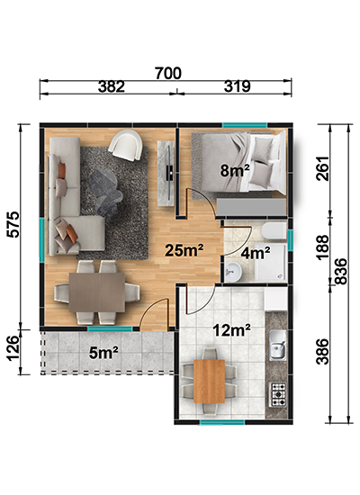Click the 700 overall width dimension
click(x=168, y=73)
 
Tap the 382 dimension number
click(x=112, y=86)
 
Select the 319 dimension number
click(x=238, y=86)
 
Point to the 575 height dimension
click(x=13, y=224)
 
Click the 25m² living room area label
click(x=184, y=250)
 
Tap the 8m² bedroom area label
click(x=235, y=171)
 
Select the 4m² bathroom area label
click(x=256, y=253)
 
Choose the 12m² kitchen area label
click(x=232, y=330)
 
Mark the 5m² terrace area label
click(x=103, y=353)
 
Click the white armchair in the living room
click(x=125, y=145)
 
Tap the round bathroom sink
click(x=234, y=271)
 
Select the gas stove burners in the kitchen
click(x=277, y=394)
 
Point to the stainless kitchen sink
click(x=277, y=346)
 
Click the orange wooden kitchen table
click(x=210, y=382)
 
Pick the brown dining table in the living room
click(x=97, y=292)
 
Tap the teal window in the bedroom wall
click(x=245, y=125)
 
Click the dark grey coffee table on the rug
click(x=105, y=191)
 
